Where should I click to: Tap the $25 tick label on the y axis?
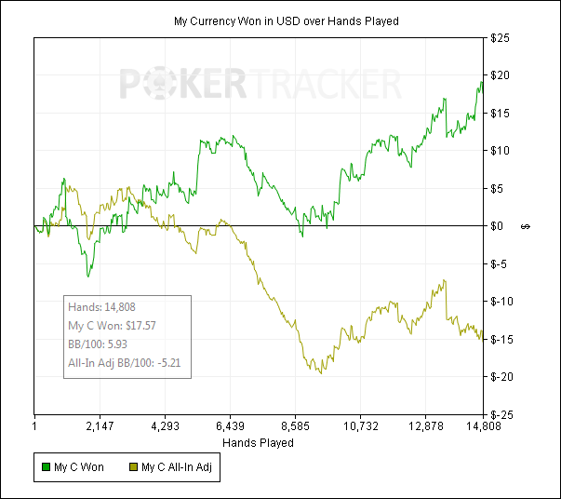(501, 38)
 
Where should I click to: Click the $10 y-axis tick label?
(501, 151)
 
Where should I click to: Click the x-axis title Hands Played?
(259, 443)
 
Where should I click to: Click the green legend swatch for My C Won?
(48, 467)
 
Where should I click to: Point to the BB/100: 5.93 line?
(100, 344)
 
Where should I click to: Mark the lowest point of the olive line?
(322, 374)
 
